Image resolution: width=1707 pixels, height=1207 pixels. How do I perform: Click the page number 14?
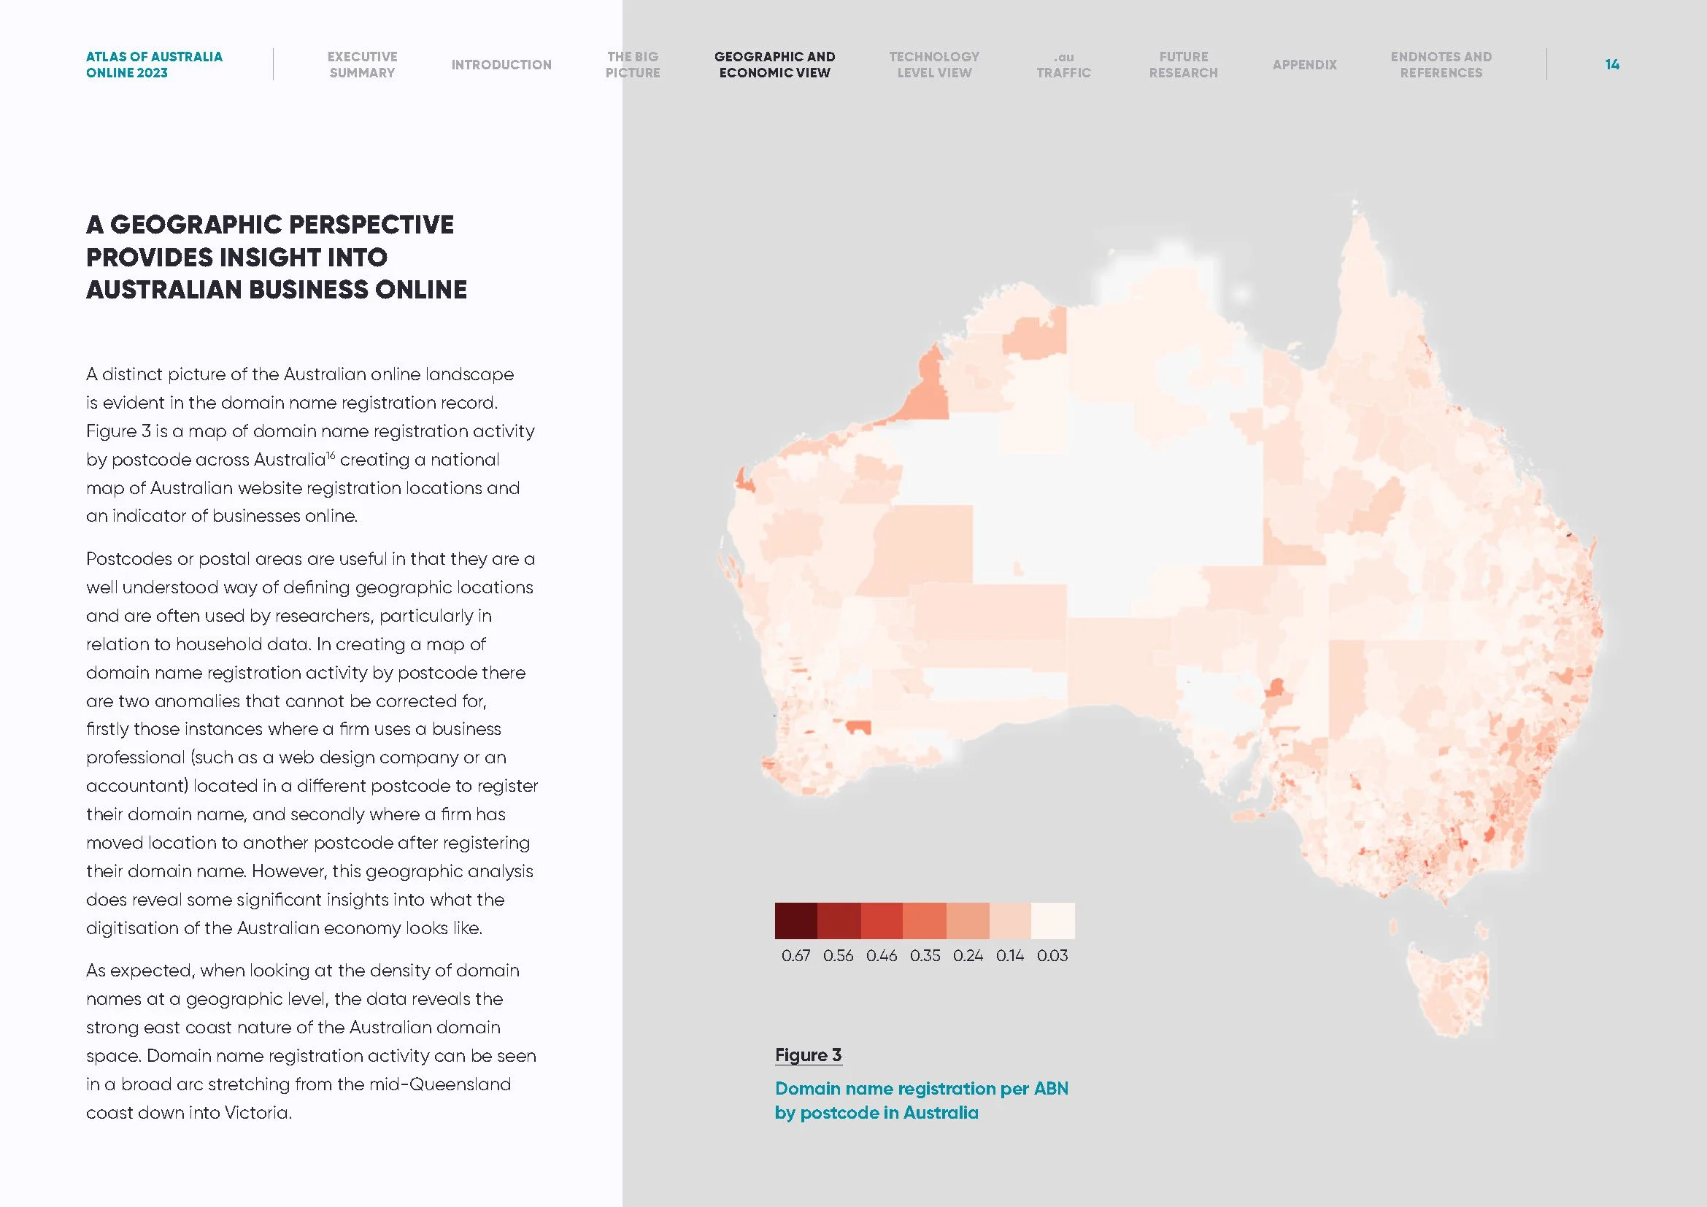point(1612,65)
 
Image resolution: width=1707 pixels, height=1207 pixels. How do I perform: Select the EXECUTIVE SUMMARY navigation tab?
point(362,65)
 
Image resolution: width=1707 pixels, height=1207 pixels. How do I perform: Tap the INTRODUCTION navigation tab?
point(501,65)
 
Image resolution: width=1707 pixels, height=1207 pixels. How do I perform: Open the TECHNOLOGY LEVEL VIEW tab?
point(934,65)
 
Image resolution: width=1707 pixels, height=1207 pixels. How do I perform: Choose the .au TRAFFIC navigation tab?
point(1063,65)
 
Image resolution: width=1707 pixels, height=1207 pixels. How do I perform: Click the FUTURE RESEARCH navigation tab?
point(1183,65)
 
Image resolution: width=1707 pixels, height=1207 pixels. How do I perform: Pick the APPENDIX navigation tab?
point(1304,65)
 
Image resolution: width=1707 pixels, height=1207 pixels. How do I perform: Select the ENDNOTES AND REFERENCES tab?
point(1441,65)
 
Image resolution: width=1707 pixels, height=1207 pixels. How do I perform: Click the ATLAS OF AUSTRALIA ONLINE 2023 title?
point(154,65)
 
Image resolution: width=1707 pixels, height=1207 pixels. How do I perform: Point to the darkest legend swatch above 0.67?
point(795,920)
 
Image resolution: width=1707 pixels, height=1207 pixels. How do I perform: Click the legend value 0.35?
point(925,956)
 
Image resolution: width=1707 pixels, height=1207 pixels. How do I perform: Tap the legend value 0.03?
point(1052,956)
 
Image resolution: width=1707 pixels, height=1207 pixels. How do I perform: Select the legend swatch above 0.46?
point(882,920)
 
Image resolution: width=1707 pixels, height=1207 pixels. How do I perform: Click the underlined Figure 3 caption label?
point(808,1054)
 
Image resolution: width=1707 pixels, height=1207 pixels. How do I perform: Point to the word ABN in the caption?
point(1050,1089)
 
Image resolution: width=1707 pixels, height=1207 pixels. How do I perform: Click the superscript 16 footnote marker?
point(331,455)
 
